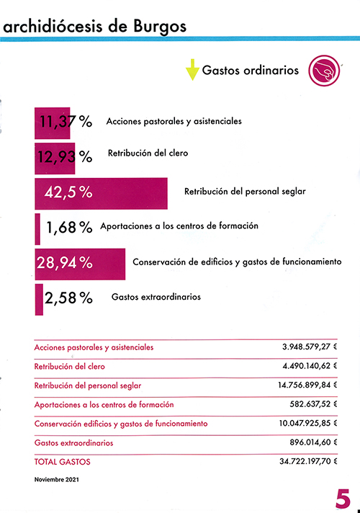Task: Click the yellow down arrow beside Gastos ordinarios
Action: (x=192, y=69)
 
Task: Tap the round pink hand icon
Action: (x=324, y=71)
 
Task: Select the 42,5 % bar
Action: (x=101, y=193)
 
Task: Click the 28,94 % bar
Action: (x=80, y=264)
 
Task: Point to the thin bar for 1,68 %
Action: (x=37, y=229)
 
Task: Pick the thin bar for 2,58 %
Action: (x=39, y=299)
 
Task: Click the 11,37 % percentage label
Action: (x=66, y=122)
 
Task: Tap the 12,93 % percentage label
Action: (x=65, y=157)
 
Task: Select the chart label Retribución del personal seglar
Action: (x=245, y=192)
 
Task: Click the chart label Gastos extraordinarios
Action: (x=156, y=297)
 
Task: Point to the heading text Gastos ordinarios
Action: (x=251, y=71)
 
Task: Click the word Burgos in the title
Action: (x=160, y=27)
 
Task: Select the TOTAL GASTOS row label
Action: (x=62, y=462)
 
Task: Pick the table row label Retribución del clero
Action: (x=69, y=367)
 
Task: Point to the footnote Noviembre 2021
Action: (x=57, y=480)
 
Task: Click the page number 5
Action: (x=343, y=499)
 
